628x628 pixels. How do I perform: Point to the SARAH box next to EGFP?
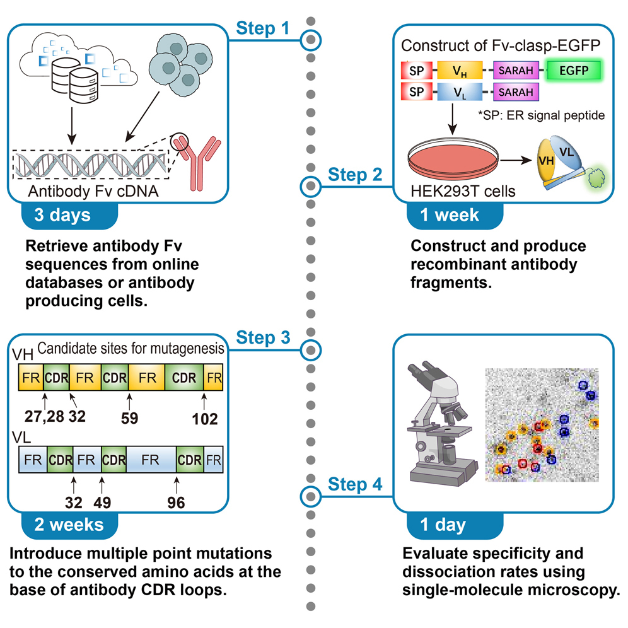pos(517,70)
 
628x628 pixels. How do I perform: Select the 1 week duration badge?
pos(451,214)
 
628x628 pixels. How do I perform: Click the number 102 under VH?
pos(204,418)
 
